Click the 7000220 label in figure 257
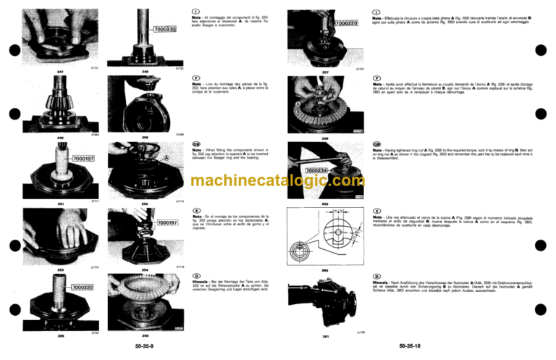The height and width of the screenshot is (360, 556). pyautogui.click(x=347, y=24)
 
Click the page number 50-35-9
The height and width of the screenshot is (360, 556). pyautogui.click(x=143, y=346)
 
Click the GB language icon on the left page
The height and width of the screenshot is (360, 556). pyautogui.click(x=195, y=143)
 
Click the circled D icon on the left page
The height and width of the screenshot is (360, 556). pyautogui.click(x=195, y=276)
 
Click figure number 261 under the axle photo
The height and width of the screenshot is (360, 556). pyautogui.click(x=325, y=337)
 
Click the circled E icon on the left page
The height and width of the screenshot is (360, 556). pyautogui.click(x=195, y=209)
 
